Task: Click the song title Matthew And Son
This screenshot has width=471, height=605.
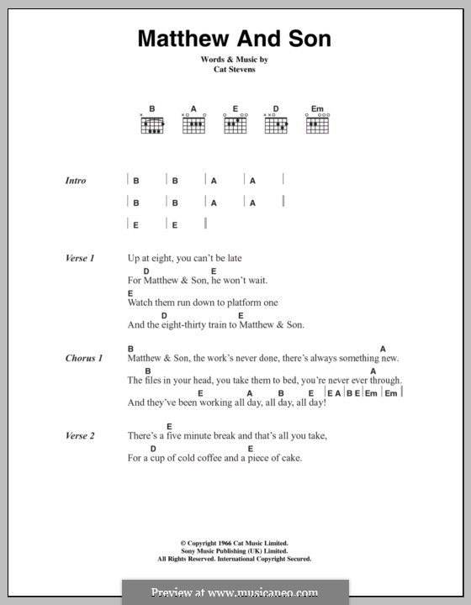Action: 235,39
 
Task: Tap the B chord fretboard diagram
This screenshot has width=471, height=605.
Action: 152,125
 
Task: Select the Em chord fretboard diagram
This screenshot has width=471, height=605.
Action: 317,125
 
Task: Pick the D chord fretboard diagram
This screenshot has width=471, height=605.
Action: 276,125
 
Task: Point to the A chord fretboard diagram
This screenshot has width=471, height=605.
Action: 193,125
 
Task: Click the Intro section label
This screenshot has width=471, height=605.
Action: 76,181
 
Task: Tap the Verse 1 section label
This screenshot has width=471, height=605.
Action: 80,259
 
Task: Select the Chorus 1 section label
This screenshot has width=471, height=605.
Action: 84,359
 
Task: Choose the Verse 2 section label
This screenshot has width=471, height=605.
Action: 80,436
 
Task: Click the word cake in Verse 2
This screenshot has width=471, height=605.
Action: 288,458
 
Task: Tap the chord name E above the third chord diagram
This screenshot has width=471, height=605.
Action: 235,109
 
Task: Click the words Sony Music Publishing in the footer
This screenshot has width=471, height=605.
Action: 204,551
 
